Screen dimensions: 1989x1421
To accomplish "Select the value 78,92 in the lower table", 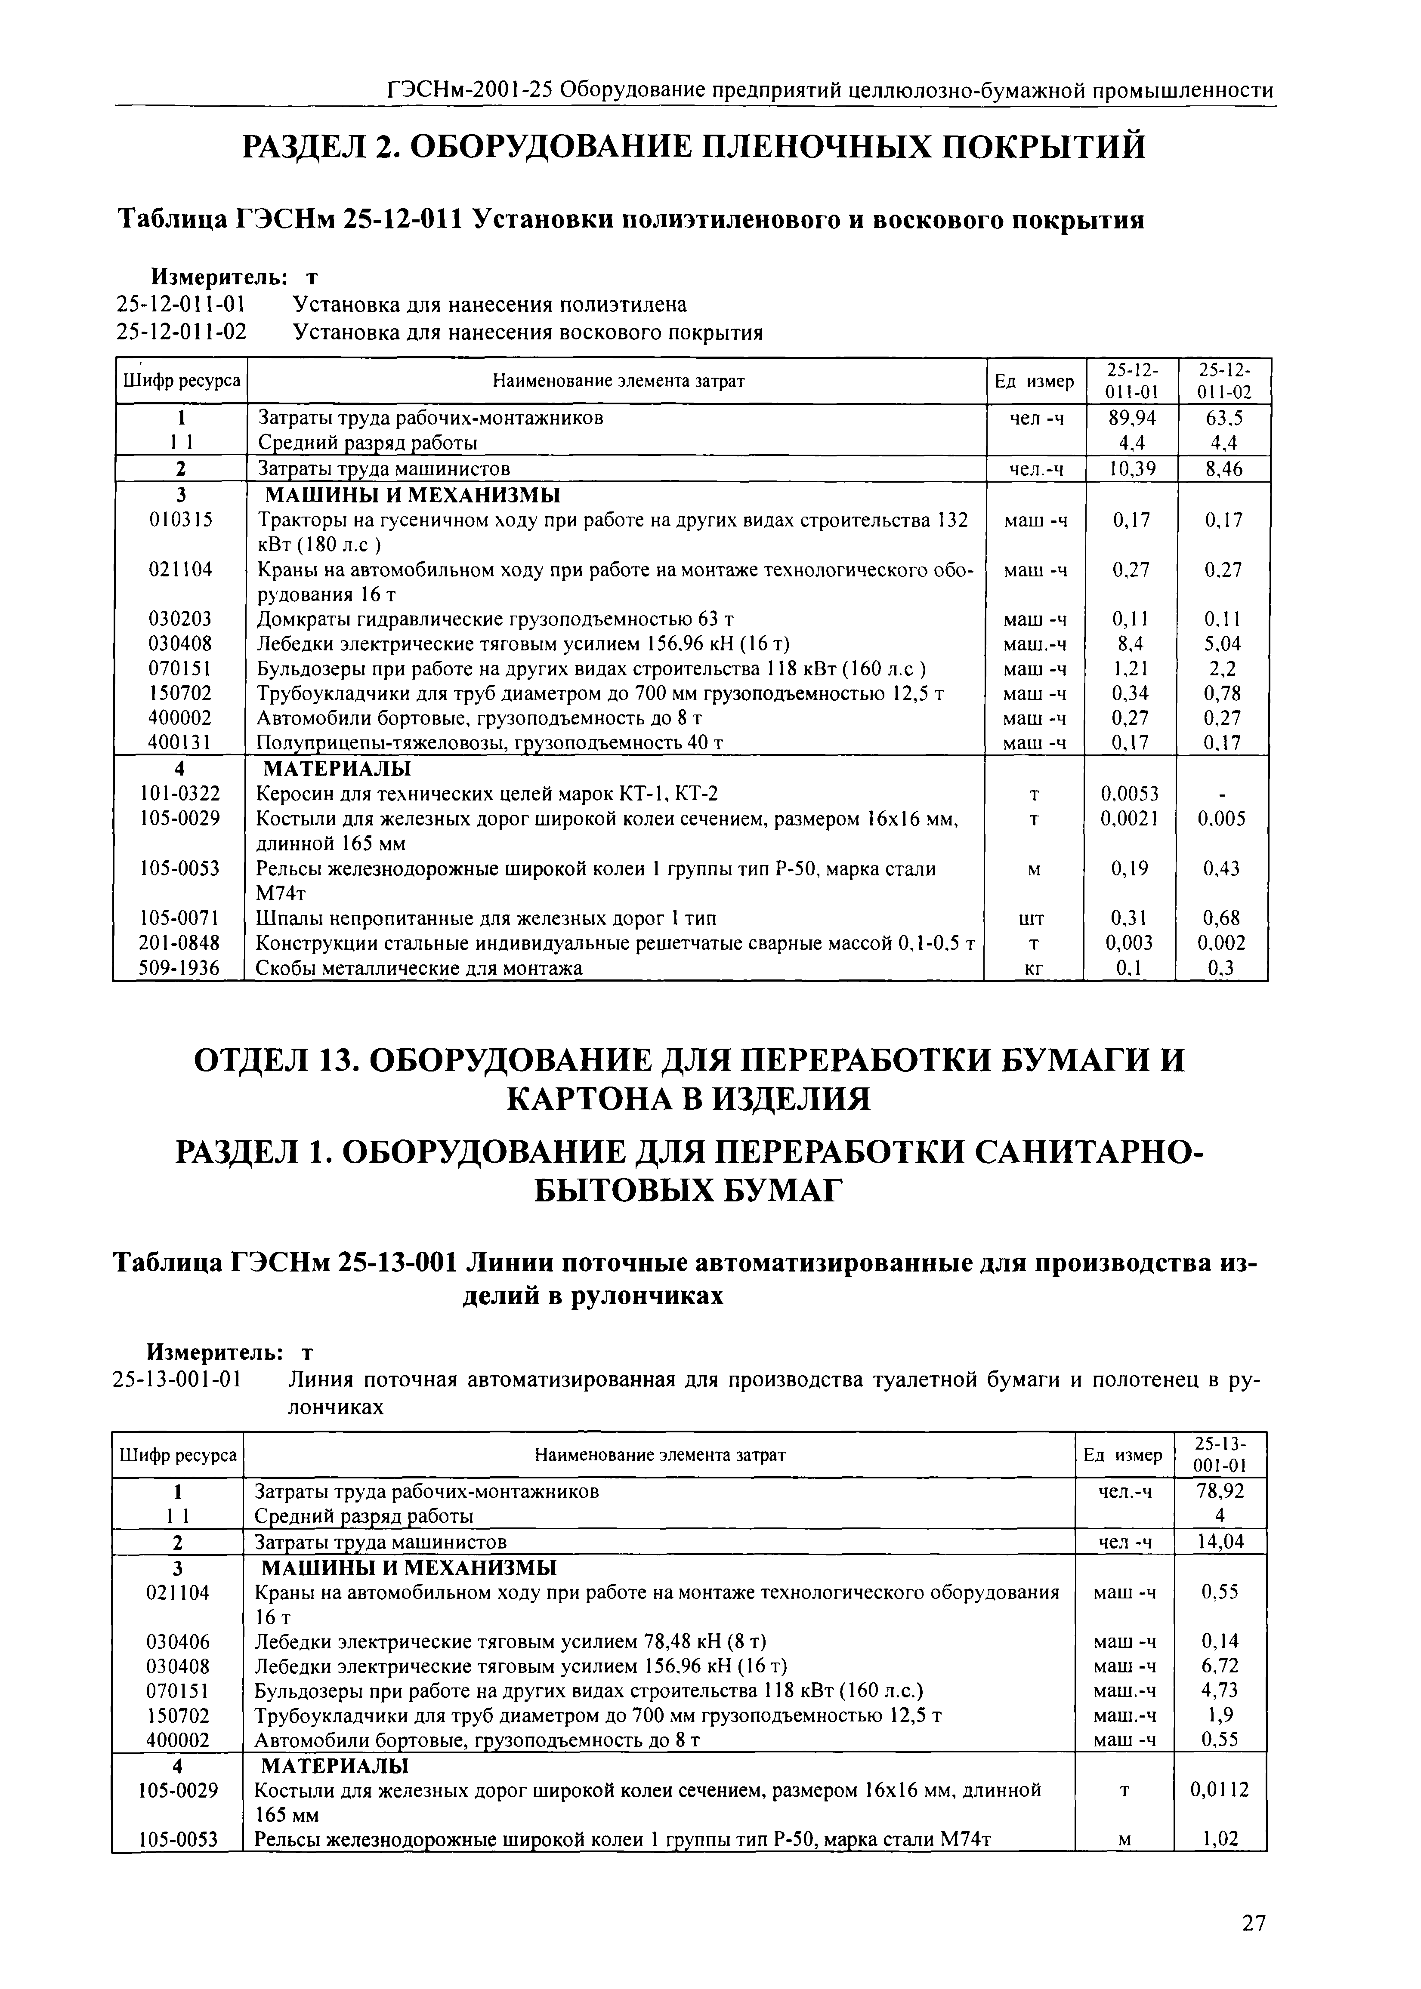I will (x=1220, y=1491).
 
